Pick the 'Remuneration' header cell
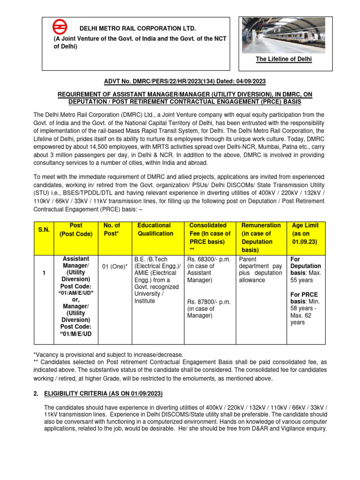pos(260,225)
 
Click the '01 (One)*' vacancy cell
pos(114,267)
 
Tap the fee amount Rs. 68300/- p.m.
pos(209,259)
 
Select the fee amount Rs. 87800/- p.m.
pos(209,302)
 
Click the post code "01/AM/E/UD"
pos(72,293)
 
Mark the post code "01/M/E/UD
pos(72,334)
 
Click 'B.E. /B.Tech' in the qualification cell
pos(150,259)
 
